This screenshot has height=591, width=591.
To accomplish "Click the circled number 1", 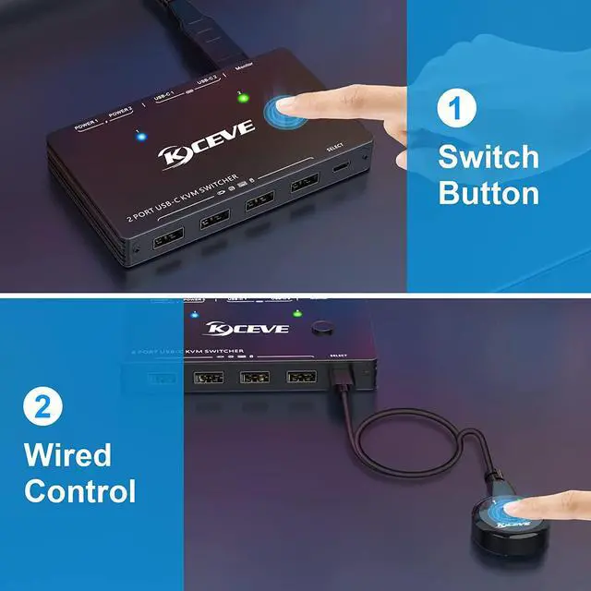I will (452, 108).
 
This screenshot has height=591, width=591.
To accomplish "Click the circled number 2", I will (42, 407).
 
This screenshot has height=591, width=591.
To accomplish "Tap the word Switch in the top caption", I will (488, 156).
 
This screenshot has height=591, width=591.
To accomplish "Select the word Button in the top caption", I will (488, 193).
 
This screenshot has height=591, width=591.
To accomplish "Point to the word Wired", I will (67, 454).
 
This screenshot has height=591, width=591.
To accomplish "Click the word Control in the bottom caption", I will (80, 490).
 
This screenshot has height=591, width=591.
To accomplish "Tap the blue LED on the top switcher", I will (140, 139).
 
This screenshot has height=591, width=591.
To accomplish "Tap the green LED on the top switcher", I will (242, 97).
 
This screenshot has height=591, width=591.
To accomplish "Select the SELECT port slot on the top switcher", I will (340, 167).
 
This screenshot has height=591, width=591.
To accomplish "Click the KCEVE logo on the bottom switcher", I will (235, 329).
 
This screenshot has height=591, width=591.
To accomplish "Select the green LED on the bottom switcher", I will (297, 314).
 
